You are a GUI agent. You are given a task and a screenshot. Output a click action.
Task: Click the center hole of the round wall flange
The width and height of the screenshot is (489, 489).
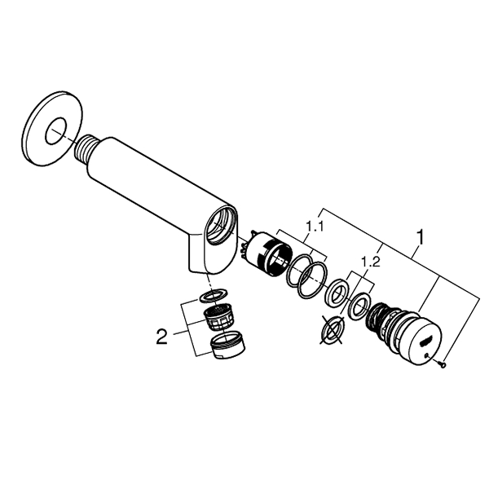(x=56, y=131)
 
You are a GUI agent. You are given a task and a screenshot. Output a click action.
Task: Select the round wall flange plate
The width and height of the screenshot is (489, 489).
(x=53, y=130)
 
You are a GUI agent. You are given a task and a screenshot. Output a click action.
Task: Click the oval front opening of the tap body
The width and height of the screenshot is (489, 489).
(x=222, y=226)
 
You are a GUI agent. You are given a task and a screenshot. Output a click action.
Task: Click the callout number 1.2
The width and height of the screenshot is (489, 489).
(x=371, y=262)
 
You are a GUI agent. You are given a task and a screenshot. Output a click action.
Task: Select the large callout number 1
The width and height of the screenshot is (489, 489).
(x=420, y=237)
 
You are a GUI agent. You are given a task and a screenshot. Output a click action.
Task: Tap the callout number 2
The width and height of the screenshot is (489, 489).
(x=161, y=337)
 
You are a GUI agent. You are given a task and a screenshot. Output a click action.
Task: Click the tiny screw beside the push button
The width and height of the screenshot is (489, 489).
(x=442, y=363)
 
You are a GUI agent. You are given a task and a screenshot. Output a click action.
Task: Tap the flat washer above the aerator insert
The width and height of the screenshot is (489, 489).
(x=214, y=295)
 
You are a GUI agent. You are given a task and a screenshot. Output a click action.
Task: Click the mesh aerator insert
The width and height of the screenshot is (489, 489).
(x=218, y=318)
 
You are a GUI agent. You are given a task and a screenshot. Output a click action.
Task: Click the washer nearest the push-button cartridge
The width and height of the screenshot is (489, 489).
(x=359, y=306)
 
